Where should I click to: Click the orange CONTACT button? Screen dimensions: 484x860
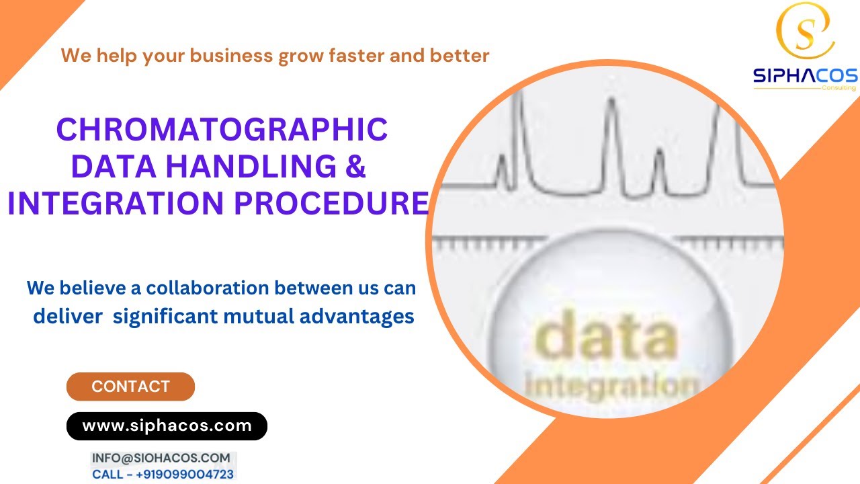tap(130, 387)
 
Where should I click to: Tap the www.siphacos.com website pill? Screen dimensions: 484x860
tap(167, 426)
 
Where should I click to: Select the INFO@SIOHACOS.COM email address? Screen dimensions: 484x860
tap(161, 458)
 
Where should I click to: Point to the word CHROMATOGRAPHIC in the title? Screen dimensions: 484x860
tap(222, 129)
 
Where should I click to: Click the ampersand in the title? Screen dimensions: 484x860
tap(355, 166)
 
